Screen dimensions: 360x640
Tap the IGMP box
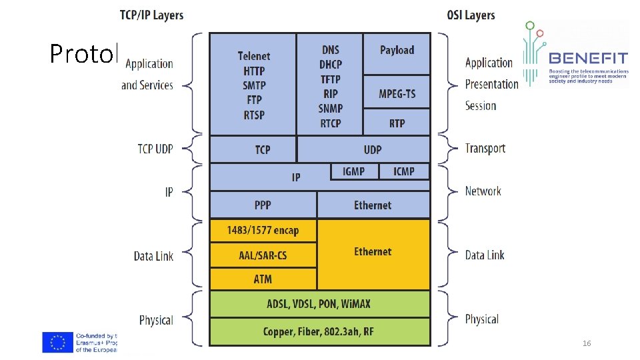click(354, 171)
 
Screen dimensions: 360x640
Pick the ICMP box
click(404, 171)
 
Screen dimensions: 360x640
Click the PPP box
click(263, 205)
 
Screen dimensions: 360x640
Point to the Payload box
click(397, 51)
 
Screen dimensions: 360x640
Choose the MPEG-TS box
click(397, 93)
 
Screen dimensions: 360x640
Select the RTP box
click(397, 123)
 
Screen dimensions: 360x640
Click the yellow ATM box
click(263, 279)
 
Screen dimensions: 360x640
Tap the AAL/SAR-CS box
click(263, 255)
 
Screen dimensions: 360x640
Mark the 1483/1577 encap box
click(263, 231)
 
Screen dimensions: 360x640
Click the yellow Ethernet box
click(373, 252)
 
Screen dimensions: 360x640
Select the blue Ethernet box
click(373, 205)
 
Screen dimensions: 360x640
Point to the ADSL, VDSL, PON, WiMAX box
click(320, 304)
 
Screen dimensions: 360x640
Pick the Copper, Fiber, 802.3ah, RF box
click(320, 331)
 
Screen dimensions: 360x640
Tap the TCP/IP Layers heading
click(151, 15)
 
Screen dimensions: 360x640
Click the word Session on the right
click(481, 105)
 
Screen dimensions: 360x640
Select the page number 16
click(587, 343)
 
